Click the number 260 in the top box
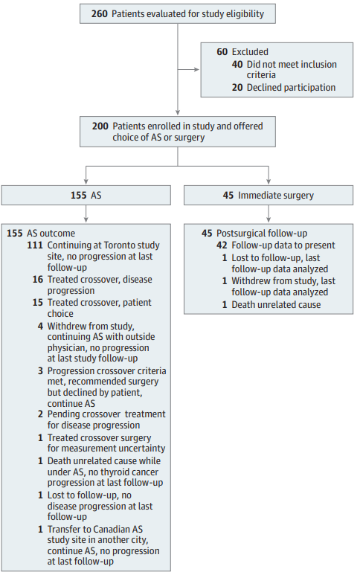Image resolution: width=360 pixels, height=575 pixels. pyautogui.click(x=100, y=14)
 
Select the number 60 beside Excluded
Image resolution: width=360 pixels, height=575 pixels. pyautogui.click(x=222, y=52)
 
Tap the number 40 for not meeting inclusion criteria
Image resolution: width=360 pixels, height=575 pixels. pyautogui.click(x=237, y=64)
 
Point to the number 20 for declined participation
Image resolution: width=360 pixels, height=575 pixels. pyautogui.click(x=237, y=87)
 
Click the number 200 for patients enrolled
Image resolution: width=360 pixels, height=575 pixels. pyautogui.click(x=100, y=126)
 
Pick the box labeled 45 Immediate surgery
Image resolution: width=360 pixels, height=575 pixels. pyautogui.click(x=269, y=195)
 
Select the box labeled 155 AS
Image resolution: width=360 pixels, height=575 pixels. pyautogui.click(x=86, y=195)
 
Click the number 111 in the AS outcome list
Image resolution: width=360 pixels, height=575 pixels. pyautogui.click(x=35, y=245)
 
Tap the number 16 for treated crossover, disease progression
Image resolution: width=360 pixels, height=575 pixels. pyautogui.click(x=38, y=280)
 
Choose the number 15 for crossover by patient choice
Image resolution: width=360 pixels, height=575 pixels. pyautogui.click(x=38, y=303)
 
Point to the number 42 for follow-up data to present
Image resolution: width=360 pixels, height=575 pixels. pyautogui.click(x=222, y=245)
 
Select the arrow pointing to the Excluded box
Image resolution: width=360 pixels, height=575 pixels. pyautogui.click(x=188, y=69)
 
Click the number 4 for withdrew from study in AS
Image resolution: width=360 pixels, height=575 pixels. pyautogui.click(x=40, y=326)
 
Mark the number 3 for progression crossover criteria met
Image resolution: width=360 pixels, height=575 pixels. pyautogui.click(x=40, y=370)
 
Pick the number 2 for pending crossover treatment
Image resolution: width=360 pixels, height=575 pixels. pyautogui.click(x=40, y=414)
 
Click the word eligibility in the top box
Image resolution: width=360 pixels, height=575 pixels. pyautogui.click(x=245, y=14)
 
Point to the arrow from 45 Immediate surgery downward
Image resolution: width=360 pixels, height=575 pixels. pyautogui.click(x=269, y=213)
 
